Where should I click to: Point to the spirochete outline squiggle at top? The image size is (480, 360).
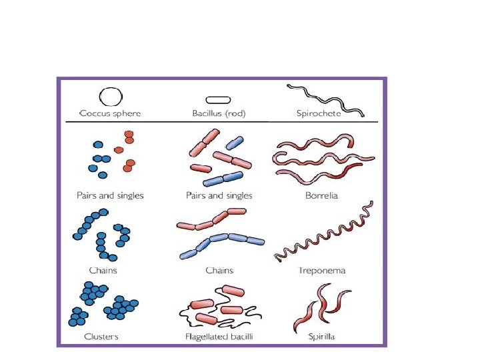(325, 99)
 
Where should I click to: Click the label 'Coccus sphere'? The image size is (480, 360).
(110, 114)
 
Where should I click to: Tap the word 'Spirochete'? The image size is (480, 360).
(319, 114)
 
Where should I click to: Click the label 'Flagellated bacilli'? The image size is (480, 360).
(219, 337)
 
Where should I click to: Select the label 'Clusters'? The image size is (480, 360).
(101, 337)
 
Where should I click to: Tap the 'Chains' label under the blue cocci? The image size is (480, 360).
(103, 271)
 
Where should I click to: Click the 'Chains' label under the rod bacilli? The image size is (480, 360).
(219, 271)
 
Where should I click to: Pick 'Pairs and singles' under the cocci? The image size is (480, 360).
(110, 196)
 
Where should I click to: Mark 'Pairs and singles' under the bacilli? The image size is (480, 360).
(219, 196)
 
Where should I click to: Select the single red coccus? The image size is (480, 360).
(118, 150)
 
